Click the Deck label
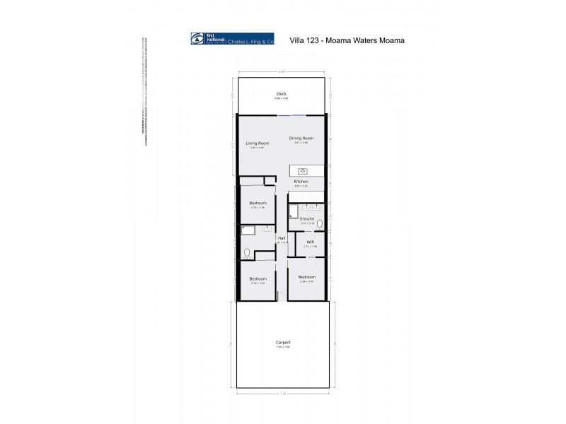(x=282, y=94)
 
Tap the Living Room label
(x=257, y=143)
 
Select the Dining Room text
(x=301, y=138)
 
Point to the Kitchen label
(x=301, y=182)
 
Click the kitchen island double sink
(x=302, y=170)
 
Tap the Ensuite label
(x=307, y=219)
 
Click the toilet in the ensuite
(x=320, y=224)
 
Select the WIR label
(x=310, y=242)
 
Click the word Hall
(x=281, y=238)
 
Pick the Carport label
(x=283, y=343)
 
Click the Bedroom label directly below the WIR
(x=306, y=277)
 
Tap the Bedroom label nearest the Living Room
(x=258, y=203)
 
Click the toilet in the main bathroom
(x=247, y=252)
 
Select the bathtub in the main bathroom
(x=248, y=230)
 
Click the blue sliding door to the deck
(x=291, y=115)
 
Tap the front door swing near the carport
(x=282, y=295)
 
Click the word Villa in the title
(x=299, y=40)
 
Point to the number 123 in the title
(x=319, y=40)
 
